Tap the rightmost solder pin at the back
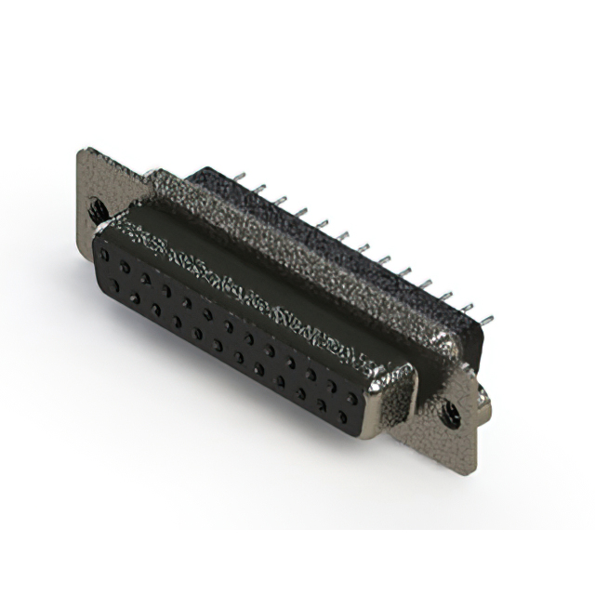486,318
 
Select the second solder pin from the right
467,306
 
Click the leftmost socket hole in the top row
105,254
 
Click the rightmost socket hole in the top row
351,397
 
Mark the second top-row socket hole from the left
125,266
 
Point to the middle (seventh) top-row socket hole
228,325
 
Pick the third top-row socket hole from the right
311,374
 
